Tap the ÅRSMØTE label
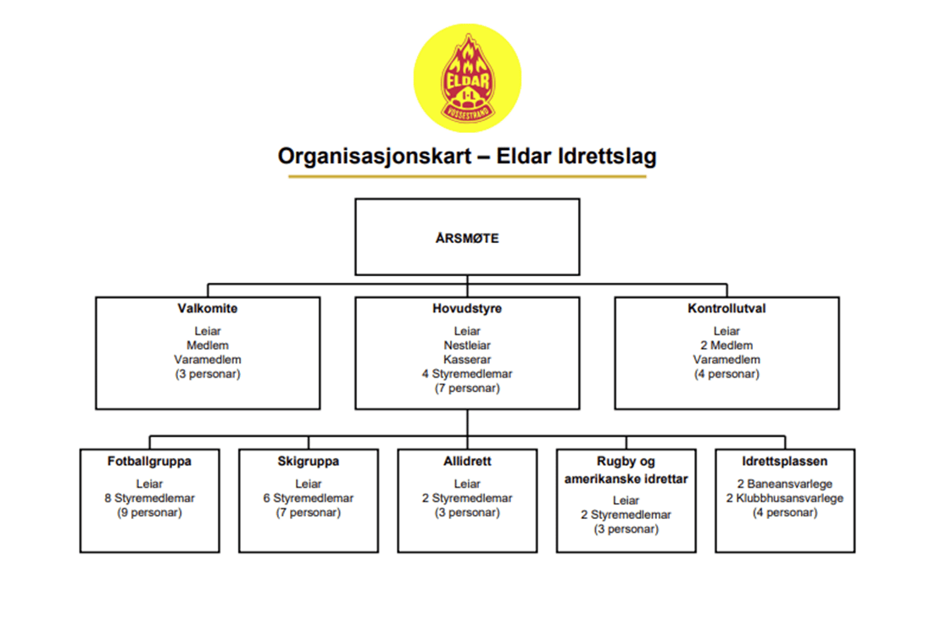click(x=467, y=238)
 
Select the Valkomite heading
click(x=208, y=309)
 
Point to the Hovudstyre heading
click(x=467, y=309)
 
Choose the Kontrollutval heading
click(x=726, y=309)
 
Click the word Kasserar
click(x=467, y=359)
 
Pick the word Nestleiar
click(x=467, y=345)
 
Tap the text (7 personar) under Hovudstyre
click(x=467, y=388)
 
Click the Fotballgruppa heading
click(x=150, y=461)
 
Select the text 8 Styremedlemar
click(x=150, y=498)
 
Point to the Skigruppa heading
click(x=309, y=461)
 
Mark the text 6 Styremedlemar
click(x=309, y=498)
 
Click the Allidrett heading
click(x=467, y=461)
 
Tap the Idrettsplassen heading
click(x=785, y=461)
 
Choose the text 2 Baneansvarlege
click(x=785, y=484)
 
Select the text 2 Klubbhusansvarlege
click(x=785, y=498)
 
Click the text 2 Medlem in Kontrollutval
click(x=726, y=345)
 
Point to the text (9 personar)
click(x=150, y=512)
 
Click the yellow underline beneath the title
click(x=467, y=176)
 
